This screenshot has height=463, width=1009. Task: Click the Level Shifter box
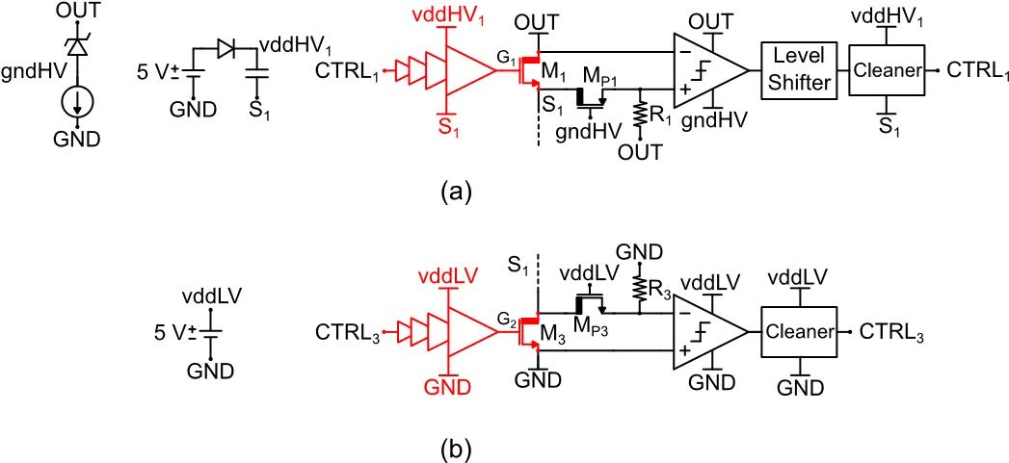(796, 70)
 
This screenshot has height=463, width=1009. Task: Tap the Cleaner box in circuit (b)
(799, 332)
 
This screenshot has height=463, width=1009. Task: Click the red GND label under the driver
(446, 388)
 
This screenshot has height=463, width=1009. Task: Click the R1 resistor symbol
(639, 113)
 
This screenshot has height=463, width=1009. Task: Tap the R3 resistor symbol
(638, 285)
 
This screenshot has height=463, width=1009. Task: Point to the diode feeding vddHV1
(226, 47)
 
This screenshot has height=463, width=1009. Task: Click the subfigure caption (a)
(456, 192)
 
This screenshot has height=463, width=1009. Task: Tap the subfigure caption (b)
(456, 449)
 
